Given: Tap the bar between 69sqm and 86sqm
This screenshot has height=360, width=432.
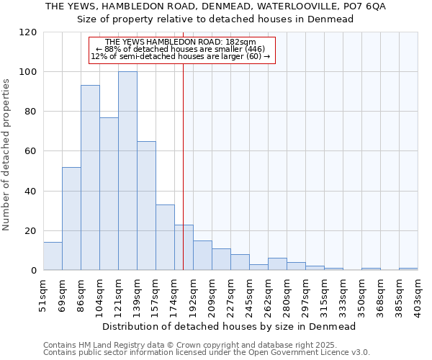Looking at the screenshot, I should [71, 219].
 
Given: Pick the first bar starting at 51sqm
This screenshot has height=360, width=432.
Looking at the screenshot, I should [53, 256].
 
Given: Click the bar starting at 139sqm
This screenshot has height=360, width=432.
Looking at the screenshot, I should [146, 206].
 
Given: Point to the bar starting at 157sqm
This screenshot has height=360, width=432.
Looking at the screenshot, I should [165, 238].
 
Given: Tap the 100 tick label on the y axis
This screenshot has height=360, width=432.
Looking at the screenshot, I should [28, 72].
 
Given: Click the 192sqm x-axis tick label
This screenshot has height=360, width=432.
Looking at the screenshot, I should [193, 295].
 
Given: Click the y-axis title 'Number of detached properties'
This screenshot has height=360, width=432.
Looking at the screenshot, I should [6, 154].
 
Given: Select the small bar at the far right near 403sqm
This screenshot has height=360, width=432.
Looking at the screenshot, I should [408, 269].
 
